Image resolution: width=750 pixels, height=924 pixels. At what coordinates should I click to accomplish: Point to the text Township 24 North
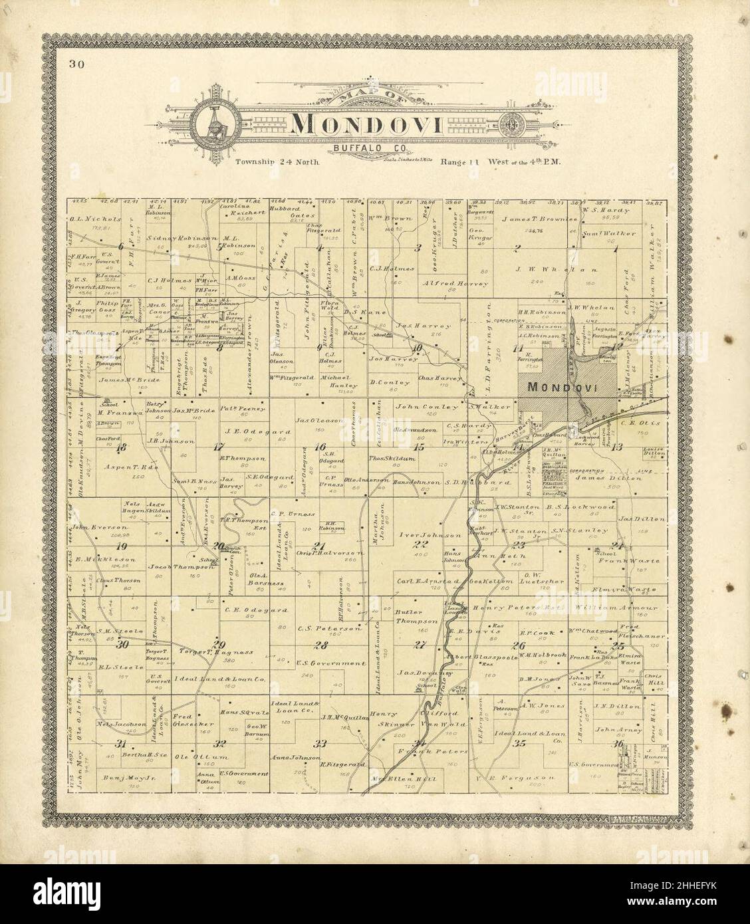tap(278, 162)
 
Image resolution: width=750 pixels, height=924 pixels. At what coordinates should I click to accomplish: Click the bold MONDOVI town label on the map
tap(550, 387)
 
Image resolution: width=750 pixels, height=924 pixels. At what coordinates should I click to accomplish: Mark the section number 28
tap(321, 645)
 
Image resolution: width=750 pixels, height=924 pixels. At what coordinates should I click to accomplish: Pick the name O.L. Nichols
tap(96, 219)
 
